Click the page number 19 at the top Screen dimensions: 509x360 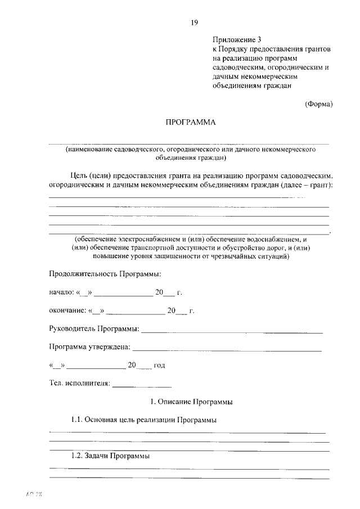194,22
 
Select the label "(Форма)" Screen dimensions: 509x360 319,104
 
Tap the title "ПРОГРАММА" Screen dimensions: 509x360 190,122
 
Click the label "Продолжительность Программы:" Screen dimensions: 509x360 105,274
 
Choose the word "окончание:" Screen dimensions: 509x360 67,310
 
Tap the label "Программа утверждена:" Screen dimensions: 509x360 89,347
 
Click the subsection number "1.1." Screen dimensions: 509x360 78,420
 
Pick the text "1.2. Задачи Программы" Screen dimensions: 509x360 110,456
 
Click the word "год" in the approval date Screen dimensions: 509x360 159,366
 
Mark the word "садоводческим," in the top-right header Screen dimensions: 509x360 237,67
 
